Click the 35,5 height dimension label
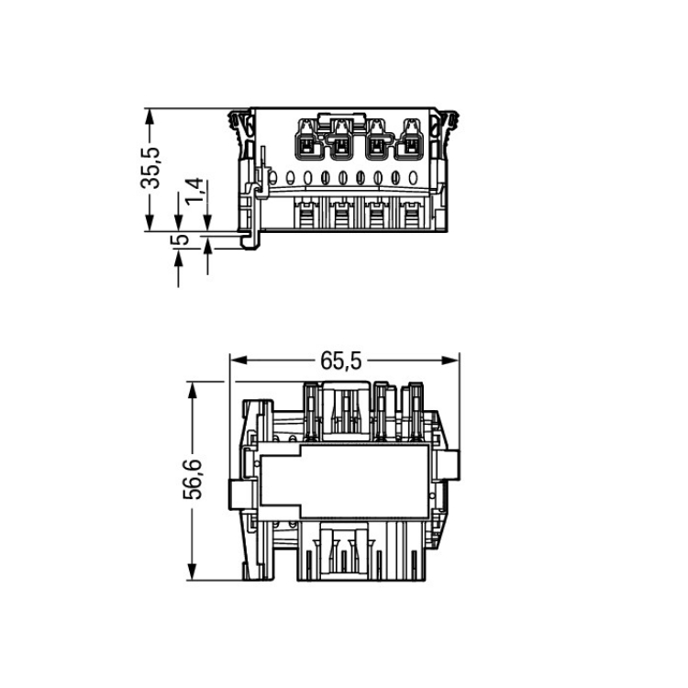click(150, 168)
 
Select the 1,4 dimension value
click(194, 191)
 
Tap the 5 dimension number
click(180, 240)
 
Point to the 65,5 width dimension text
click(341, 361)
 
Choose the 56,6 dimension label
click(193, 479)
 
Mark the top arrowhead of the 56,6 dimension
click(193, 390)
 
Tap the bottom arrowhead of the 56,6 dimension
click(193, 571)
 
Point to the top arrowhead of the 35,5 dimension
click(150, 117)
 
